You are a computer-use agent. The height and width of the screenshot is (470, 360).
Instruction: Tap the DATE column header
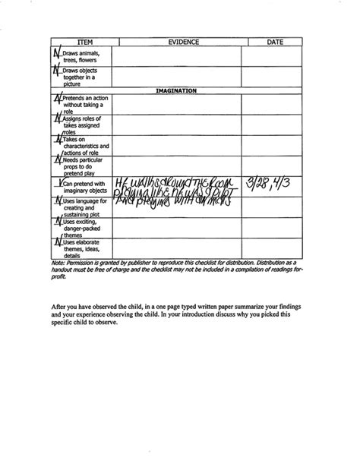coord(275,43)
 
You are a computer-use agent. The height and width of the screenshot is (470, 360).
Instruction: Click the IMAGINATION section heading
coord(175,90)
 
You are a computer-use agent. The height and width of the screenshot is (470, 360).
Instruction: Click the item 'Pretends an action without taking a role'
coord(82,104)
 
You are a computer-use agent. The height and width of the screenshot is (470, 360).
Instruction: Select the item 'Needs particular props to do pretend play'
coord(82,166)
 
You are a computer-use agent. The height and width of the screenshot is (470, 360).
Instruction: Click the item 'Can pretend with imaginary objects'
coord(84,187)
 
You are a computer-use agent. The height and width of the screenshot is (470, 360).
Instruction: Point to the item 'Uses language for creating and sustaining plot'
coord(84,207)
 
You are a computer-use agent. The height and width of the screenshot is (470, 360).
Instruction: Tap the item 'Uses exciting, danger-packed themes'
coord(82,227)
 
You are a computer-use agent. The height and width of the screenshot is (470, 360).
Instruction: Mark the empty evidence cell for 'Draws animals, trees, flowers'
coord(177,57)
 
